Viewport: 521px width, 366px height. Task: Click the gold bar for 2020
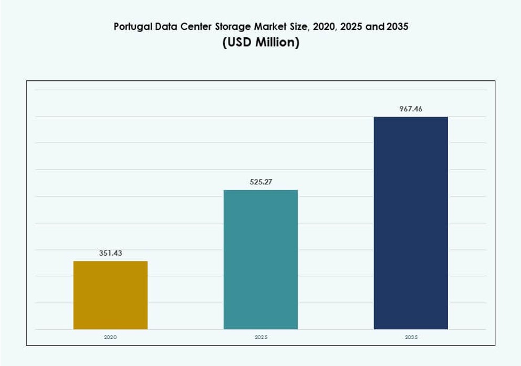click(110, 295)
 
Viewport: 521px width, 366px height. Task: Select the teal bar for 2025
click(260, 259)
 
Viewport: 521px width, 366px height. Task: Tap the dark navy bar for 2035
click(411, 223)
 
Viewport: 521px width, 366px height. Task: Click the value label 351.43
click(110, 253)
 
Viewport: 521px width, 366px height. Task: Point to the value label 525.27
click(260, 182)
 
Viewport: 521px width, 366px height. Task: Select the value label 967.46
click(411, 109)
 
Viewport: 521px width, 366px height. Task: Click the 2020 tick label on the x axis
click(110, 337)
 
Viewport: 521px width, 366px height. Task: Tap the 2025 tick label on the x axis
click(260, 337)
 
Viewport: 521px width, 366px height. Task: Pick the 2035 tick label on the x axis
click(411, 337)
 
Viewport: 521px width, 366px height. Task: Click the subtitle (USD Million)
click(260, 43)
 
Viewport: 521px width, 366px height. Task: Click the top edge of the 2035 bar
click(411, 117)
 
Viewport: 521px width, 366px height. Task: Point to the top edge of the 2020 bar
click(110, 262)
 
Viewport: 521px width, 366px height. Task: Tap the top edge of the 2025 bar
click(260, 190)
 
